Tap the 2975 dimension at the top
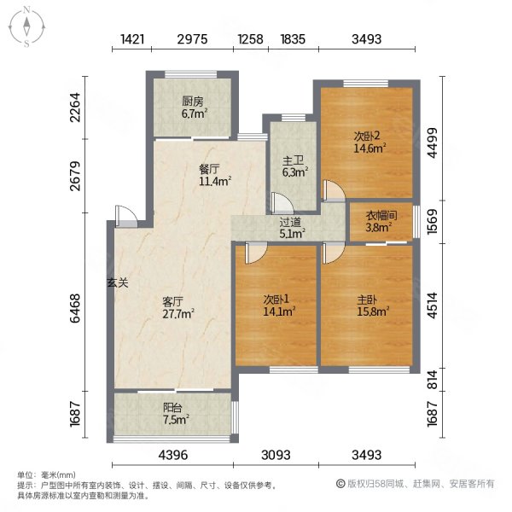194,39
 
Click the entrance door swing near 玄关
125,215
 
